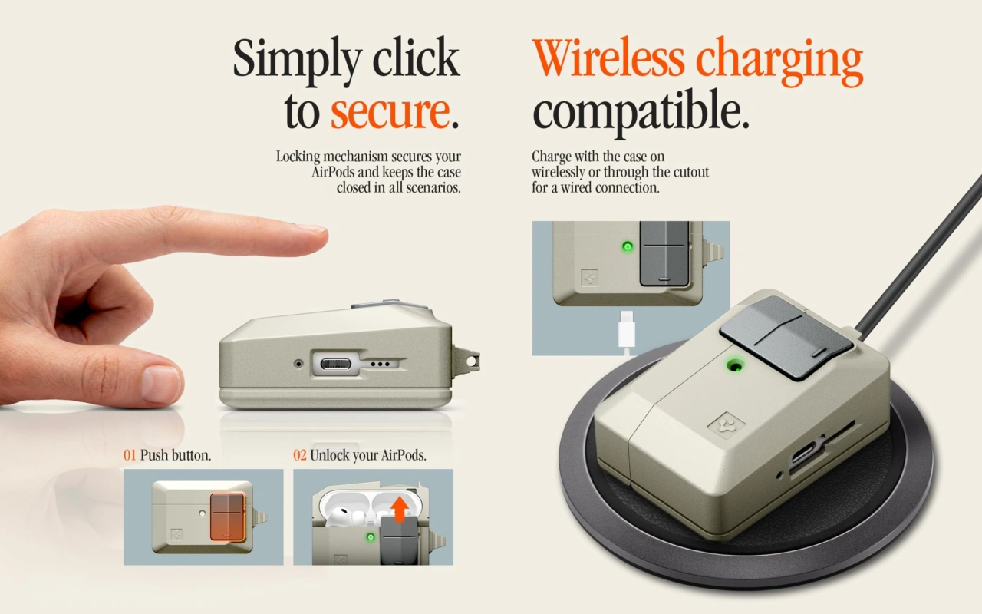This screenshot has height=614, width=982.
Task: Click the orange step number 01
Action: pos(130,455)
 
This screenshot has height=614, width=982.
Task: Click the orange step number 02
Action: pos(300,455)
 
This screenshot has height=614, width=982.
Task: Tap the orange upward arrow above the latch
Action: pos(400,509)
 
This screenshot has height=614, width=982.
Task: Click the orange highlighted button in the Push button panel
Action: pos(227,517)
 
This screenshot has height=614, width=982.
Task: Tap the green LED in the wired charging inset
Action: pos(628,246)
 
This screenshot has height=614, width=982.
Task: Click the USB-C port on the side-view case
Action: pos(336,364)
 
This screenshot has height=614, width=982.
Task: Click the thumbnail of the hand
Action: pos(161,383)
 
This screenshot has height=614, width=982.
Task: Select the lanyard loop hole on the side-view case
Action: pos(473,360)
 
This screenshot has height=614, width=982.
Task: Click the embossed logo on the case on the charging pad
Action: pos(727,424)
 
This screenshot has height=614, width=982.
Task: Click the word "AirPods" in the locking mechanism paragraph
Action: pos(333,172)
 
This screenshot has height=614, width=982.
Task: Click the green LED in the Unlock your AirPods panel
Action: pos(371,536)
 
